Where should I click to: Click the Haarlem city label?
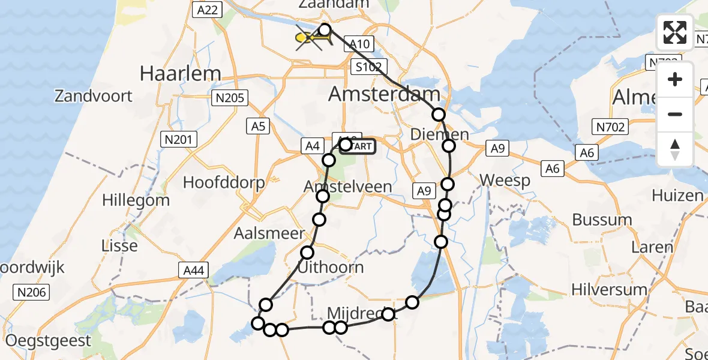click(180, 73)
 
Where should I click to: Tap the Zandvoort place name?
click(93, 95)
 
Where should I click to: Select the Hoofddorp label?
click(224, 183)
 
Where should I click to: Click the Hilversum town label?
click(608, 290)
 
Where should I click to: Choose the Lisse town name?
click(119, 245)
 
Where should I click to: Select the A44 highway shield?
click(194, 271)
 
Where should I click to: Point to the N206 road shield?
click(32, 292)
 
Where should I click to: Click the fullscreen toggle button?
click(674, 32)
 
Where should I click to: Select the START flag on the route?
click(359, 146)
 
